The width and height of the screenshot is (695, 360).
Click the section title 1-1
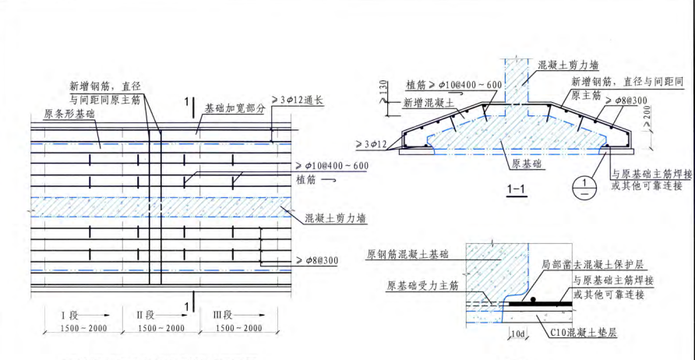pyautogui.click(x=516, y=189)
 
